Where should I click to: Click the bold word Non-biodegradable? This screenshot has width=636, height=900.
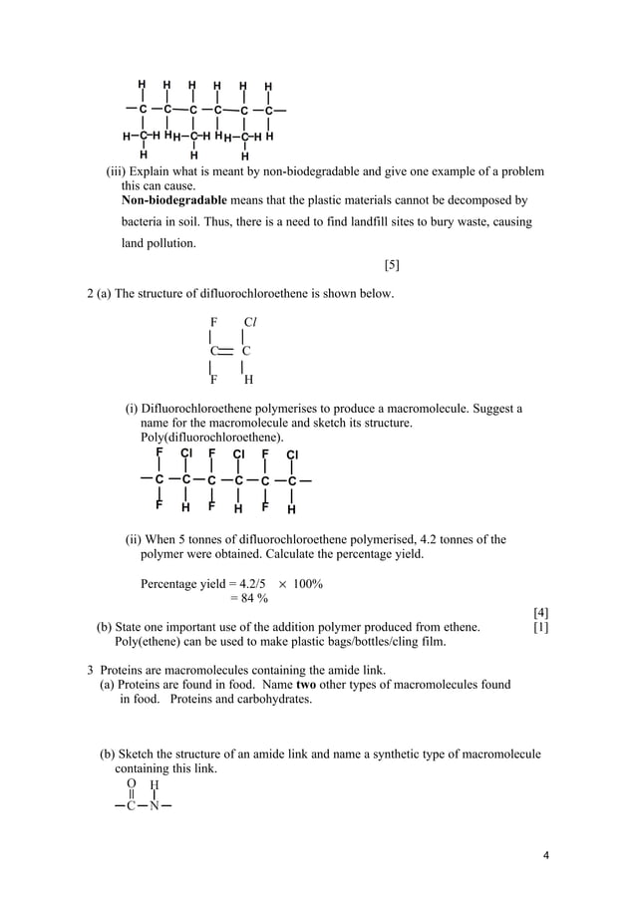(x=172, y=200)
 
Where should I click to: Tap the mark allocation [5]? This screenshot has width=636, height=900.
(x=392, y=264)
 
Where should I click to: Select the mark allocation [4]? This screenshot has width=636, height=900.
(x=541, y=612)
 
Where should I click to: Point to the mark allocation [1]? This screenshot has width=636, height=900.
(x=541, y=627)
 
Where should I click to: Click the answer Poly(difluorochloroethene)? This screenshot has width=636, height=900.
(x=211, y=438)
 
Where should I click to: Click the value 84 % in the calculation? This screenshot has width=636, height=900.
(x=249, y=598)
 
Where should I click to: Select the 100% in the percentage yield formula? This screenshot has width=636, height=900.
(x=307, y=583)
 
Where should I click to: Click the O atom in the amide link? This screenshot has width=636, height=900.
(x=131, y=784)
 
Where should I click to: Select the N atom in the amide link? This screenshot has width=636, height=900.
(x=154, y=806)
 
